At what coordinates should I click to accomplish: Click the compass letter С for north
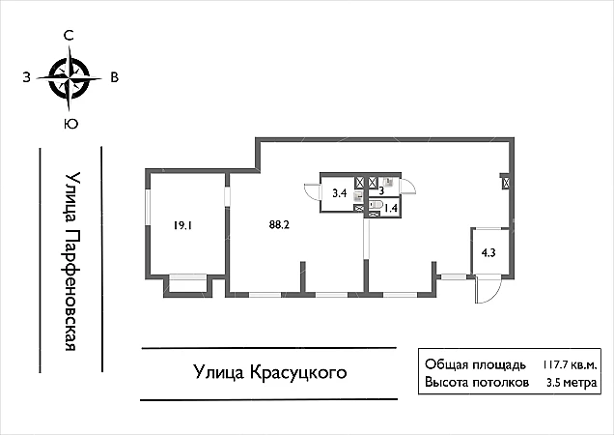[x=69, y=36]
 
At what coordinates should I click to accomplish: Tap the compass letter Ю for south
[x=70, y=125]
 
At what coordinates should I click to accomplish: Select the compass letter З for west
[x=27, y=77]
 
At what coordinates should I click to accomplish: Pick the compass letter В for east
[x=114, y=77]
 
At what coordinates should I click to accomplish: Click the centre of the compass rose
[x=70, y=78]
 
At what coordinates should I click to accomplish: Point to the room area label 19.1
[x=182, y=226]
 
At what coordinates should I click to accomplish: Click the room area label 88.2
[x=279, y=225]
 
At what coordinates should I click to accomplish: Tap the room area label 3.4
[x=340, y=193]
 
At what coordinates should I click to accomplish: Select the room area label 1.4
[x=391, y=208]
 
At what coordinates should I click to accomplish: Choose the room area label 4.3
[x=488, y=253]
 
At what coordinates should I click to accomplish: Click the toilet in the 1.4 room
[x=376, y=205]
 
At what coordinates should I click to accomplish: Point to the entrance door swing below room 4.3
[x=487, y=289]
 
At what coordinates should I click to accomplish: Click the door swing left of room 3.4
[x=312, y=191]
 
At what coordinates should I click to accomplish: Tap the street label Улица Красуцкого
[x=270, y=372]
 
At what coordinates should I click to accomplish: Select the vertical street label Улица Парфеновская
[x=72, y=261]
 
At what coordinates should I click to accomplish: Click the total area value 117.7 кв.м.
[x=570, y=365]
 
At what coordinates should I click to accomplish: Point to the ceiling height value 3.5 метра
[x=572, y=383]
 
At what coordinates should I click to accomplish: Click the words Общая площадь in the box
[x=475, y=364]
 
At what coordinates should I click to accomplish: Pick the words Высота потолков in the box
[x=477, y=383]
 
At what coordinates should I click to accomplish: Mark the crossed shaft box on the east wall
[x=506, y=183]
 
